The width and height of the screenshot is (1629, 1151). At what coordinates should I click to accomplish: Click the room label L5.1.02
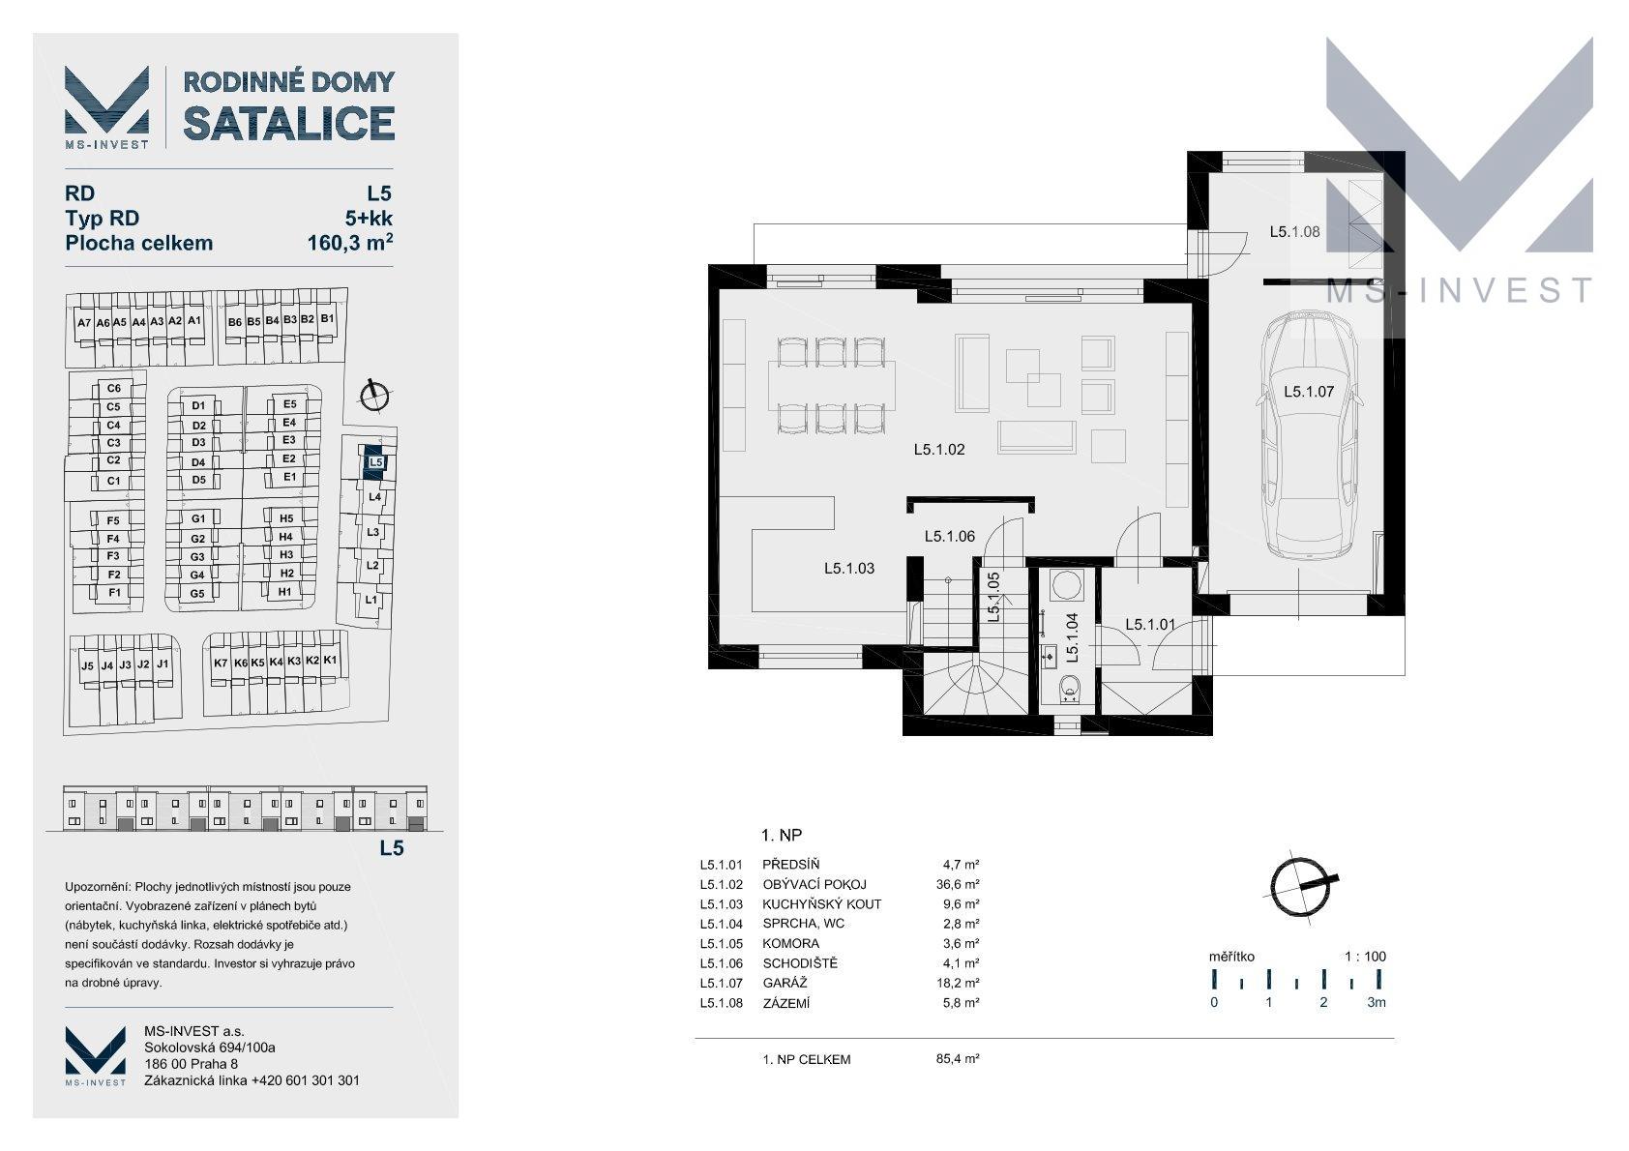pos(939,450)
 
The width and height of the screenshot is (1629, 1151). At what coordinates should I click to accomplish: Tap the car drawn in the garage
pos(1309,435)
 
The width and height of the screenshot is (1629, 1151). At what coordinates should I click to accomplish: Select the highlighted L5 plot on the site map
pos(374,461)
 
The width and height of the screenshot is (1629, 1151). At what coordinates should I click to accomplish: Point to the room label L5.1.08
pos(1294,232)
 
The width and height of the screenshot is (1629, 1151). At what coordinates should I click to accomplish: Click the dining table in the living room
pos(831,386)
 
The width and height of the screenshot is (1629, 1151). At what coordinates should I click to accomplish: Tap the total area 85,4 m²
pos(957,1059)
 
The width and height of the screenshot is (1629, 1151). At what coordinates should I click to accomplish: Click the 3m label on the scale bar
pos(1377,1002)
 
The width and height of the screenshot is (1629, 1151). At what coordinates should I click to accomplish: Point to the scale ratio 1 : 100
pos(1365,957)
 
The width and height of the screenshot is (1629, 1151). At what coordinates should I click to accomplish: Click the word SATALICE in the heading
pos(288,123)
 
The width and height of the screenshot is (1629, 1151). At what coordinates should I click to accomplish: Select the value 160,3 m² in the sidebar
pos(350,242)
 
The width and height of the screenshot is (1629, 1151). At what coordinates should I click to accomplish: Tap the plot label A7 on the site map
pos(84,323)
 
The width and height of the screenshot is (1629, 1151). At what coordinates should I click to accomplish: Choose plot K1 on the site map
pos(330,661)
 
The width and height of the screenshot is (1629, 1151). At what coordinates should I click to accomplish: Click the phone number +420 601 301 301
pos(306,1080)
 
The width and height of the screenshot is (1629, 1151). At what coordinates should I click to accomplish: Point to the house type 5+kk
pos(369,219)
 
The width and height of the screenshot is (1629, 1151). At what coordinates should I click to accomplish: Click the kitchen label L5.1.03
pos(848,569)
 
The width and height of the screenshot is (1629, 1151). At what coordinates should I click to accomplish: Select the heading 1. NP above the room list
pos(781,835)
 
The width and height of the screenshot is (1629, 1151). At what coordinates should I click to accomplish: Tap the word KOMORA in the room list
pos(790,943)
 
